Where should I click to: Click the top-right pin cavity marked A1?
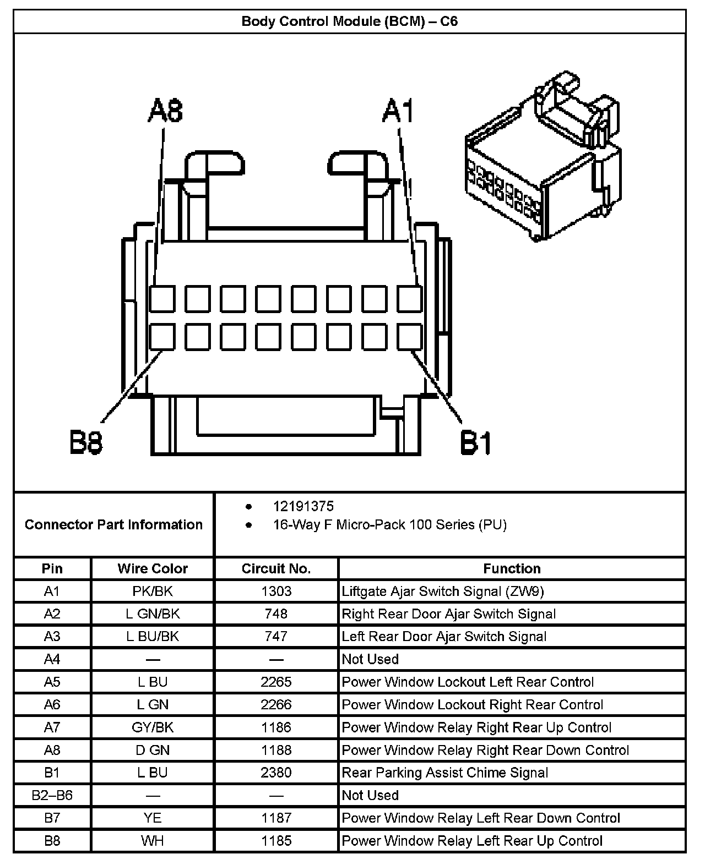click(410, 299)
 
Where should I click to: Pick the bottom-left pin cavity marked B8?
click(162, 337)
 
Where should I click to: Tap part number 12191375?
click(303, 506)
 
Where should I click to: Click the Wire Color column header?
click(153, 568)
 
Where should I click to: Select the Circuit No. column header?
click(276, 568)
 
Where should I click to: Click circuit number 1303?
click(276, 592)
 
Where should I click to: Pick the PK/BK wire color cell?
click(153, 592)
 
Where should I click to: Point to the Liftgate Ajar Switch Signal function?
click(443, 592)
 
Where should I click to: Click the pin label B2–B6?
click(52, 795)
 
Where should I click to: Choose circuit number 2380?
click(276, 773)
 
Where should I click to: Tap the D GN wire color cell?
click(153, 750)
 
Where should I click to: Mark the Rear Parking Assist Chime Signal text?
click(445, 773)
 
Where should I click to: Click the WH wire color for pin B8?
click(153, 841)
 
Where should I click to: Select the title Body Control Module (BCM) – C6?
click(350, 21)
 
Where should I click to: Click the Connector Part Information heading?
click(113, 524)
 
